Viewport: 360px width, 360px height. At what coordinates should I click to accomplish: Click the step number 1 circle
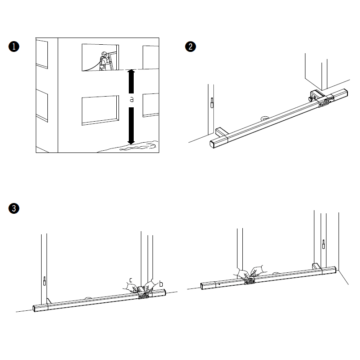[x=14, y=47]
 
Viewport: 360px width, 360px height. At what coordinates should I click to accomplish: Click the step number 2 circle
[x=191, y=47]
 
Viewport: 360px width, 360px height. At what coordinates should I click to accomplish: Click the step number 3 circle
[x=14, y=208]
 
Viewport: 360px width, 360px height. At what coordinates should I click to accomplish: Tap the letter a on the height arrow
[x=131, y=100]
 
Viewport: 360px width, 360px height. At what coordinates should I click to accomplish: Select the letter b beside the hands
[x=161, y=284]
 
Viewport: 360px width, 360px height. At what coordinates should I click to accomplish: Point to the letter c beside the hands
[x=131, y=280]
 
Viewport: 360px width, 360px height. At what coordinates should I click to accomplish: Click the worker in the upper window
[x=104, y=61]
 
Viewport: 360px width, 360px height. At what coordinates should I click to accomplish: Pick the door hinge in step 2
[x=212, y=103]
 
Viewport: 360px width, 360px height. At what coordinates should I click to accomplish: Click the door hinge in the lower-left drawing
[x=44, y=281]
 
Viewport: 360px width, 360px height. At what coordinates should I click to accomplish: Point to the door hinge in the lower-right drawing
[x=323, y=244]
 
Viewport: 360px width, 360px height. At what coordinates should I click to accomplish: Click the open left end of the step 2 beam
[x=212, y=144]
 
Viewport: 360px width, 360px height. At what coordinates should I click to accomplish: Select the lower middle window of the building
[x=100, y=110]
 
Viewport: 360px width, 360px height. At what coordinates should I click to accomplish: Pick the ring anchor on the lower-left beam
[x=89, y=298]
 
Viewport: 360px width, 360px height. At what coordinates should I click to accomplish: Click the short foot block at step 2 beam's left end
[x=222, y=132]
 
